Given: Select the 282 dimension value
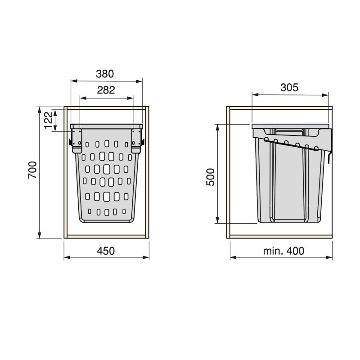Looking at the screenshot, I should [x=106, y=90].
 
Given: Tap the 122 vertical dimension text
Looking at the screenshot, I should [x=49, y=120].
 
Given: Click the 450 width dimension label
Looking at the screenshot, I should [x=106, y=251].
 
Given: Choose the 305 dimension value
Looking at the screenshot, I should [x=289, y=88].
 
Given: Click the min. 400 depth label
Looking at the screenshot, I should [x=283, y=251].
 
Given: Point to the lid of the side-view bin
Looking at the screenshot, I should [x=290, y=124].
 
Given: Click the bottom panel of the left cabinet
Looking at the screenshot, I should [x=106, y=236].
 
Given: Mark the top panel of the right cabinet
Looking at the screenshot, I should [x=280, y=108].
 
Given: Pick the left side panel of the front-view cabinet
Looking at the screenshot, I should [x=66, y=171].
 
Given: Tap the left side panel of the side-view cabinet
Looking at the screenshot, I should [x=229, y=171].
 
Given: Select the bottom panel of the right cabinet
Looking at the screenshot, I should [x=280, y=236].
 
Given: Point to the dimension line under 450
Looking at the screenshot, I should [x=106, y=257].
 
